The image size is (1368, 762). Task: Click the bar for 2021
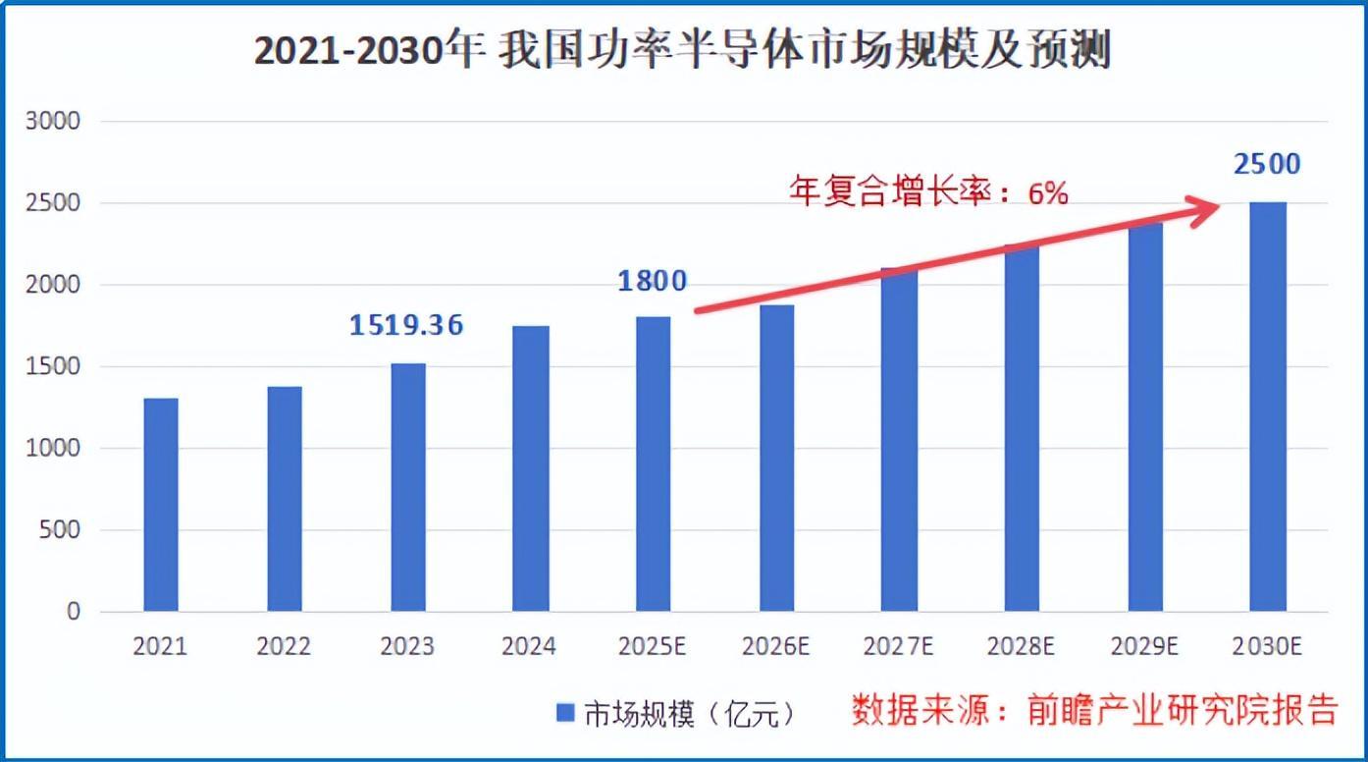(x=161, y=505)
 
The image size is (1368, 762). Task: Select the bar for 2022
(x=285, y=499)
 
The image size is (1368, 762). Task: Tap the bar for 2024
(x=530, y=468)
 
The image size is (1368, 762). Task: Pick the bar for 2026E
(x=776, y=458)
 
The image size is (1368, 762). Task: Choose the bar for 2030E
(x=1268, y=407)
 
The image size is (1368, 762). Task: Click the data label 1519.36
(x=406, y=325)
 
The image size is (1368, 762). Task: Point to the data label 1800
(x=652, y=281)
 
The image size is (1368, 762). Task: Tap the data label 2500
(x=1267, y=164)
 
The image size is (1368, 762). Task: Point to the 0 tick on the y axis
(x=74, y=612)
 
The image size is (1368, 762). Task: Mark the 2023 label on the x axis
(x=407, y=647)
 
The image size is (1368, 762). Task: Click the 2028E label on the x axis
(x=1022, y=647)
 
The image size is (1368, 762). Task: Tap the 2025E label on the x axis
(x=653, y=647)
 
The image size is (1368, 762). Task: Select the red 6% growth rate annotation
(x=928, y=192)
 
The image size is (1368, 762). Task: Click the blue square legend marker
(x=565, y=714)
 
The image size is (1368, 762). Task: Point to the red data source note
(x=1093, y=710)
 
